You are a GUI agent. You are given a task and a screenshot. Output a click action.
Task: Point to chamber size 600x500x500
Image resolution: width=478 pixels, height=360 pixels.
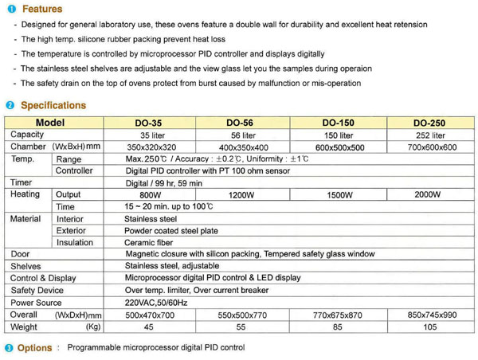[338, 148]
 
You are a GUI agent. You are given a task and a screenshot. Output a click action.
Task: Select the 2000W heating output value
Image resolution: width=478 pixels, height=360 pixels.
[428, 194]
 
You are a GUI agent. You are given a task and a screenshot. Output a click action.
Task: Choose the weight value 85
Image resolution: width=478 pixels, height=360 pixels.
[338, 327]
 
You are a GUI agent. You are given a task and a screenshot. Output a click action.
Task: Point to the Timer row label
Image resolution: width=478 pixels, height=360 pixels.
[22, 183]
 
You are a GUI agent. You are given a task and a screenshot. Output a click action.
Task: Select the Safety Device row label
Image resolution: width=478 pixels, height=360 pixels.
[37, 291]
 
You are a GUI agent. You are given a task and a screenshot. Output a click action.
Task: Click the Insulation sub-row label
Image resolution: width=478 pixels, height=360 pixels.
[75, 243]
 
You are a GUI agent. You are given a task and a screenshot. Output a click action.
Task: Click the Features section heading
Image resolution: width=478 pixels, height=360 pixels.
[42, 10]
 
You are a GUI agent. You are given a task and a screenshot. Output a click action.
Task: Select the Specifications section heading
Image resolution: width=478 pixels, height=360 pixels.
[53, 105]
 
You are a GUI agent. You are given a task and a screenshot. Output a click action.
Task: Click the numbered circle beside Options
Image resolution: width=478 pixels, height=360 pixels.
[9, 349]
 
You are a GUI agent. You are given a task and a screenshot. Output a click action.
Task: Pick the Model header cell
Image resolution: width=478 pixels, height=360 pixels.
[49, 123]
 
